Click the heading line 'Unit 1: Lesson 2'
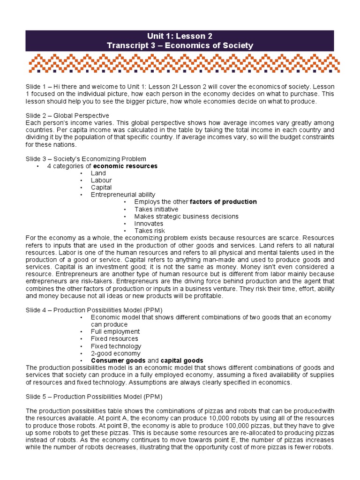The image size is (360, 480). point(180,36)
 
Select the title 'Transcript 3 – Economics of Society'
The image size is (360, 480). point(180,45)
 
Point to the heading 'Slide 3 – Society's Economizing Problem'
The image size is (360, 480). point(86,159)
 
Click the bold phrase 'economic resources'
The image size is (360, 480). point(125,166)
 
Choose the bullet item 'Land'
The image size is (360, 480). point(98,173)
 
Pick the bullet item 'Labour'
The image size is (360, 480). point(101,180)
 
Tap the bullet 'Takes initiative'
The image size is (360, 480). point(156,209)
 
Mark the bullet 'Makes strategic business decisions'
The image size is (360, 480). point(186,217)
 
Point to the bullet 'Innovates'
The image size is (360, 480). point(149,224)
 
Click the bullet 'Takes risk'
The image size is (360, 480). point(150,231)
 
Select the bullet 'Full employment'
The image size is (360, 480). point(115,331)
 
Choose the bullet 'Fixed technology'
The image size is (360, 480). point(115,346)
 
